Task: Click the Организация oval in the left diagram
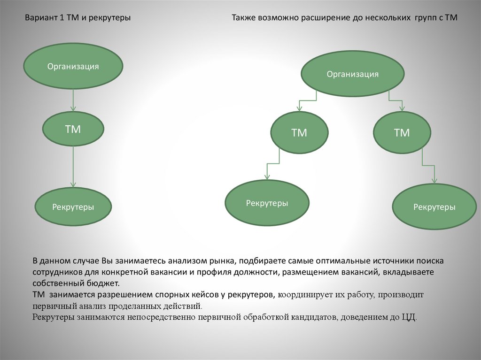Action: (x=73, y=66)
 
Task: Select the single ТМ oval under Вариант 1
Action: (x=73, y=129)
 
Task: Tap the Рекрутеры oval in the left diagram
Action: (x=73, y=207)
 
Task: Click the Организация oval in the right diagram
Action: (x=352, y=74)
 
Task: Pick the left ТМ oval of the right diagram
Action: (x=299, y=133)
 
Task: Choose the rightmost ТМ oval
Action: (x=402, y=133)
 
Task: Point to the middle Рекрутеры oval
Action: (x=267, y=203)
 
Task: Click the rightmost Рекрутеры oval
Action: (x=434, y=207)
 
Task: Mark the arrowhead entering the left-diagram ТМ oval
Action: (x=73, y=108)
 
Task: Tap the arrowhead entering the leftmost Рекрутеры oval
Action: (x=73, y=185)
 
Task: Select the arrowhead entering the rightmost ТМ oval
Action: (x=402, y=108)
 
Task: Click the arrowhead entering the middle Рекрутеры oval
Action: (x=267, y=177)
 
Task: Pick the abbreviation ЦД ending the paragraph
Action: (x=408, y=317)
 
